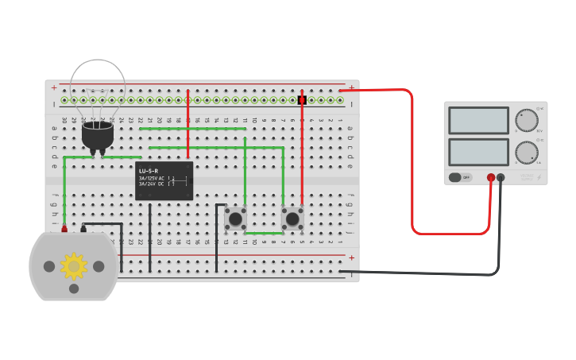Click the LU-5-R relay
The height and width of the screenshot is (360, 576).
click(164, 181)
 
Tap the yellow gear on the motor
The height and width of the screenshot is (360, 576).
click(74, 266)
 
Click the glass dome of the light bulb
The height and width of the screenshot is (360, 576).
click(97, 83)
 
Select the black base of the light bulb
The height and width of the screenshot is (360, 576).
click(97, 135)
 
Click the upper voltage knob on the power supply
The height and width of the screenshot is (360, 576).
click(526, 120)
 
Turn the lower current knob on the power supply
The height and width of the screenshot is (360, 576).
click(526, 152)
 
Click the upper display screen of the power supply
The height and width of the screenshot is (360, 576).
click(478, 120)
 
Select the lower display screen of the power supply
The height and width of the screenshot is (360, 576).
click(478, 152)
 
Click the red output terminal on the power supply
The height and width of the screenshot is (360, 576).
click(491, 177)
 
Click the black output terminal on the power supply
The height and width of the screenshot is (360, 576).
click(501, 177)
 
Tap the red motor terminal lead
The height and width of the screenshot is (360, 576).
click(64, 229)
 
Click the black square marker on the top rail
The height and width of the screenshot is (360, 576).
click(302, 100)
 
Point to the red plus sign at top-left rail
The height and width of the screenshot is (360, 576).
click(54, 87)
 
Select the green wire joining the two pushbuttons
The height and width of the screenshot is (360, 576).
click(264, 233)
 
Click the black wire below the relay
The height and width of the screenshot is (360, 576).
click(149, 238)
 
